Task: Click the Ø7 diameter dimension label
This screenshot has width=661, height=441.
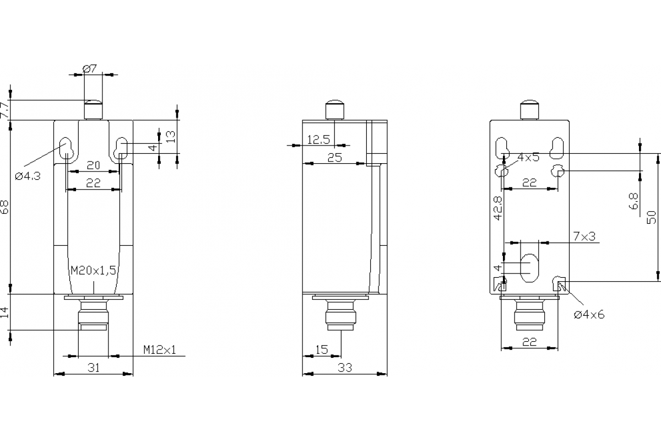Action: click(x=90, y=68)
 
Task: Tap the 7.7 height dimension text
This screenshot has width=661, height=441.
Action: click(x=4, y=110)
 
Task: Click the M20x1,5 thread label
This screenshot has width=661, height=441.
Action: click(x=93, y=270)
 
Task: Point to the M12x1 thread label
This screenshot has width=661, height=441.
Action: click(x=160, y=349)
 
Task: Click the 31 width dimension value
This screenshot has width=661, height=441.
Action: click(x=94, y=368)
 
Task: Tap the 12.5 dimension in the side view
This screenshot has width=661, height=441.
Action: click(x=318, y=140)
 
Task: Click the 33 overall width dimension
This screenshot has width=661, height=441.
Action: click(x=344, y=368)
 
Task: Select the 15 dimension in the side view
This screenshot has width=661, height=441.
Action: click(x=321, y=349)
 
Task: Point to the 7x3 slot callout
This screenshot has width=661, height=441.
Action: click(x=584, y=236)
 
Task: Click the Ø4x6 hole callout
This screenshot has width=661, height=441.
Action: click(x=589, y=314)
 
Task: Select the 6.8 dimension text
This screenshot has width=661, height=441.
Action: click(x=633, y=201)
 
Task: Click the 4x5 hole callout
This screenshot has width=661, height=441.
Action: click(x=528, y=157)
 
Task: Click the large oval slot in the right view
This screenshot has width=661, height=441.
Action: click(x=530, y=268)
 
